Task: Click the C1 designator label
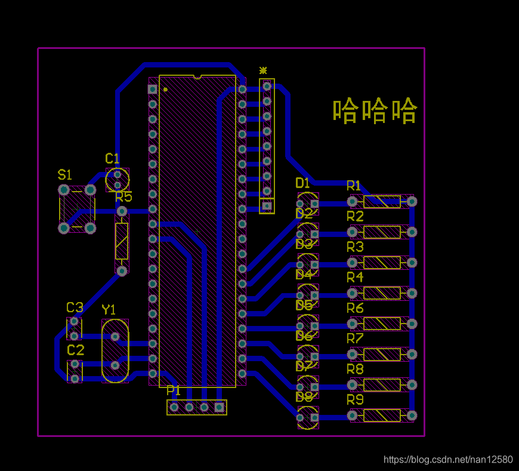coord(112,159)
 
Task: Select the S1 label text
coord(64,175)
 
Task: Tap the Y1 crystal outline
coord(115,351)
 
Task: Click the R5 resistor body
coord(122,241)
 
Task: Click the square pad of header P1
coord(219,407)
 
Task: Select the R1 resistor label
coord(354,186)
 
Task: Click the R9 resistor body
coord(382,415)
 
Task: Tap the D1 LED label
coord(303,183)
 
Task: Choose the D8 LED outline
coord(308,417)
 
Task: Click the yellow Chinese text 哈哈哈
coord(375,111)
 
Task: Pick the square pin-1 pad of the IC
coord(152,89)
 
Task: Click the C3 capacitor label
coord(75,308)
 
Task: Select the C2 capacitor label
coord(75,350)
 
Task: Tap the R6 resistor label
coord(355,308)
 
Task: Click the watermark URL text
coord(447,460)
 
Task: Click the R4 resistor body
coord(382,293)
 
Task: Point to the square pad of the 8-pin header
coord(267,207)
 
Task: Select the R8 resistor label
coord(355,370)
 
